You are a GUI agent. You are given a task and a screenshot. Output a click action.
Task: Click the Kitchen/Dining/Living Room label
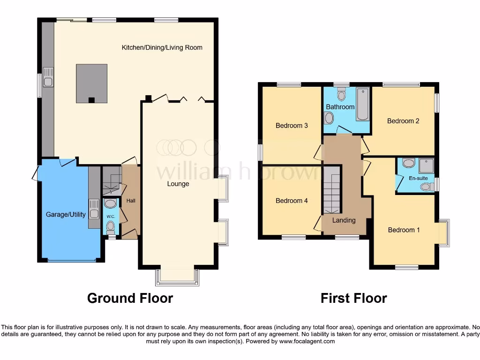[x=162, y=47]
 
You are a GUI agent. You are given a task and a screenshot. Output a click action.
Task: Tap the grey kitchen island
[x=91, y=83]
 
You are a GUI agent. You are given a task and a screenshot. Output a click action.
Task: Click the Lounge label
[x=178, y=184]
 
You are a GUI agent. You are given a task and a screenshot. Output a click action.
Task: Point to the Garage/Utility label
[x=66, y=215]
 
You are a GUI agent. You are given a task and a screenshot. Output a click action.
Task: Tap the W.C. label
[x=111, y=217]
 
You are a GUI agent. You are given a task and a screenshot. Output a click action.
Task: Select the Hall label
[x=131, y=201]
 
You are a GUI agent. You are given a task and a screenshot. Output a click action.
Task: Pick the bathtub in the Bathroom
[x=362, y=105]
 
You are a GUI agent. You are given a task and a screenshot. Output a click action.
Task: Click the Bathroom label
[x=340, y=107]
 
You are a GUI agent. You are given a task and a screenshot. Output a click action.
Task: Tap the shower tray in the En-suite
[x=426, y=165]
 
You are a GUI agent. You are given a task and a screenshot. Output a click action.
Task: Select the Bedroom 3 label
[x=292, y=126]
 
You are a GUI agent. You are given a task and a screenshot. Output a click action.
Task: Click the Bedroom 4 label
[x=292, y=201]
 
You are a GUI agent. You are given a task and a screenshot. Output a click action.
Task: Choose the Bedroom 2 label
[x=403, y=121]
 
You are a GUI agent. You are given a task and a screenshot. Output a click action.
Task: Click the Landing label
[x=344, y=220]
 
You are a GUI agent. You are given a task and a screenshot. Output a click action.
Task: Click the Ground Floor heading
[x=130, y=298]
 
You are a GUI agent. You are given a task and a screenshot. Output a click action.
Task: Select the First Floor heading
[x=353, y=298]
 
